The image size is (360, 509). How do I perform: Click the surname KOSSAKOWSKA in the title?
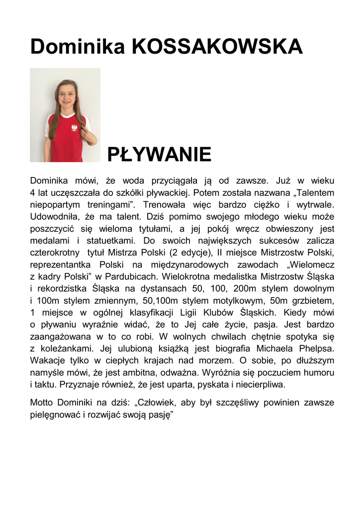pos(217,47)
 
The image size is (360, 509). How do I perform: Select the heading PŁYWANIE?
pos(160,155)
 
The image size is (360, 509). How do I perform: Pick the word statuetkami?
pos(104,240)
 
